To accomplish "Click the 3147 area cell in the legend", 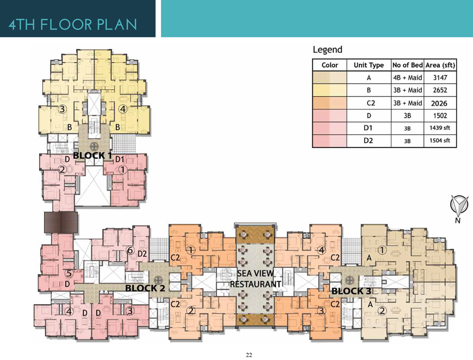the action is tap(440, 77).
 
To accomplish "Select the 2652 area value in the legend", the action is tap(440, 90).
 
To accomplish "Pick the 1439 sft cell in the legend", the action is tap(440, 128).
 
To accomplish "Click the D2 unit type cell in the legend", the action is tap(369, 140).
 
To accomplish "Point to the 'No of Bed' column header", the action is tap(408, 65).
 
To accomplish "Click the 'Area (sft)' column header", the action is tap(440, 65).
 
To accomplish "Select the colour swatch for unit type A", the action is tap(330, 77).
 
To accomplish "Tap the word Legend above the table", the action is tap(328, 49).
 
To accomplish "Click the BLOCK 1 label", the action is tap(92, 156).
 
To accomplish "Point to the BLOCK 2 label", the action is tap(145, 288).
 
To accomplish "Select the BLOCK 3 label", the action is tap(351, 291).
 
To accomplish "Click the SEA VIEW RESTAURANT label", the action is tap(255, 279).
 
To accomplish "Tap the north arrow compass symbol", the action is tap(459, 205).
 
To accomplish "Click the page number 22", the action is tap(249, 355).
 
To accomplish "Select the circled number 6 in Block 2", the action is tap(130, 250).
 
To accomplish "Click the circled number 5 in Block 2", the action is tap(69, 274).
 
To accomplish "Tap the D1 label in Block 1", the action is tap(120, 159).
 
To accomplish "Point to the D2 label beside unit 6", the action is tap(142, 254).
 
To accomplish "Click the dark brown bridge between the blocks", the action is tap(61, 222).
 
